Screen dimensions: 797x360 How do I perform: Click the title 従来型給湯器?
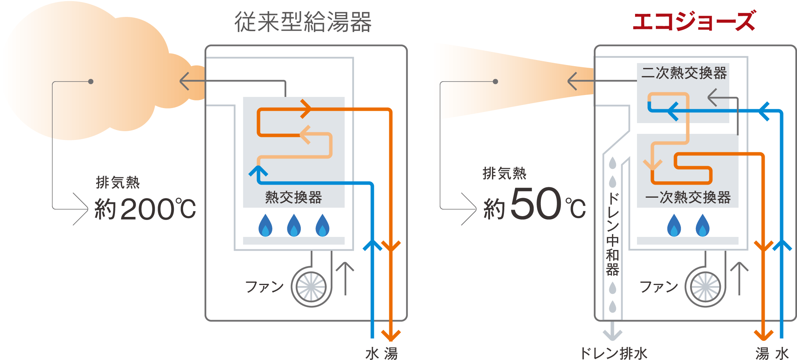tap(303, 22)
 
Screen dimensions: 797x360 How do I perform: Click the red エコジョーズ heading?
tap(694, 21)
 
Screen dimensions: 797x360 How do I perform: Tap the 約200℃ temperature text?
tap(145, 209)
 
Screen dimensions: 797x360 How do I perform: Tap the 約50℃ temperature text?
tap(535, 204)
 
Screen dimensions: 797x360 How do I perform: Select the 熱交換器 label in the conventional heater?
tap(293, 197)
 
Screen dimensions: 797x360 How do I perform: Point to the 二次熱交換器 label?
tap(684, 73)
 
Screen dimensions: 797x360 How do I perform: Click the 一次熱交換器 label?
tap(688, 197)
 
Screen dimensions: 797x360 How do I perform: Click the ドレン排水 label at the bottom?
tap(614, 353)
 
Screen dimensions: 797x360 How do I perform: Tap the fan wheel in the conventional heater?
tap(311, 287)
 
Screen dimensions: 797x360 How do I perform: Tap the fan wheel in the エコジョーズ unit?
tap(705, 287)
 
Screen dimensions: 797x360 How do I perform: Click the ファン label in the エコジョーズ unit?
tap(659, 287)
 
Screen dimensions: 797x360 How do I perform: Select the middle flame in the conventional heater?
tap(294, 225)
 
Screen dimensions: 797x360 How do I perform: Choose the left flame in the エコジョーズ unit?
tap(674, 225)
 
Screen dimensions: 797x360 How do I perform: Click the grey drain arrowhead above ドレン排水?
tap(613, 334)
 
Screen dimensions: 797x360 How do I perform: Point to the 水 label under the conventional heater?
tap(372, 353)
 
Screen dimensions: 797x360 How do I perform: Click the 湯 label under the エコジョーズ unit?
tap(762, 353)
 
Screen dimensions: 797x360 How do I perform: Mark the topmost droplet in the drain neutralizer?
tap(613, 163)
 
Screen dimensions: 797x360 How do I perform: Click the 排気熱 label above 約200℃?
tap(118, 182)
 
